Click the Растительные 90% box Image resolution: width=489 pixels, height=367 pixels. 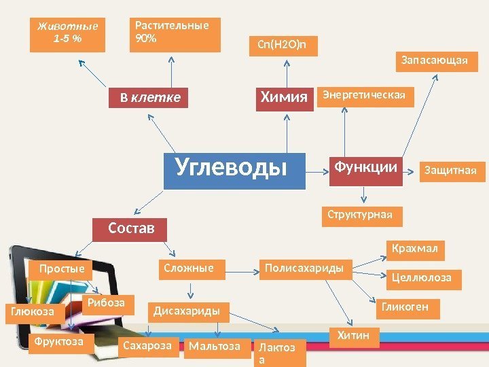174,34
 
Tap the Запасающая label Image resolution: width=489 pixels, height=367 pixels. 435,62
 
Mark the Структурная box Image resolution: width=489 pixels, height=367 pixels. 361,215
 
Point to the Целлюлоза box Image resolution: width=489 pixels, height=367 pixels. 422,278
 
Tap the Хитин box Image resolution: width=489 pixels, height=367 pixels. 354,336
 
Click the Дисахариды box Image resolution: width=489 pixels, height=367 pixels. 187,311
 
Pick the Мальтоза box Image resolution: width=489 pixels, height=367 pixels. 215,347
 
